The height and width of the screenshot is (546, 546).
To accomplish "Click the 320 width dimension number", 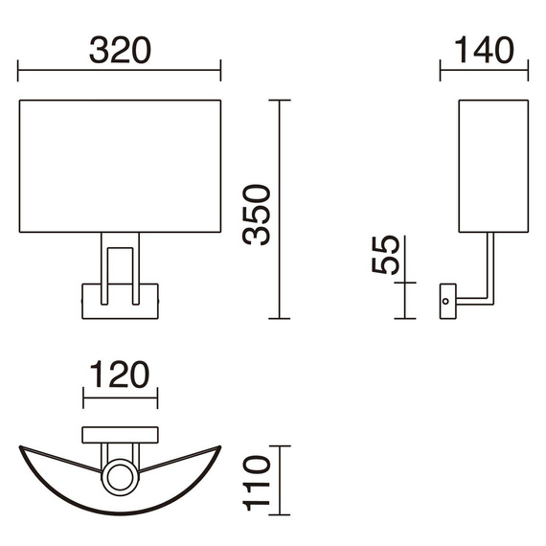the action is (x=120, y=50).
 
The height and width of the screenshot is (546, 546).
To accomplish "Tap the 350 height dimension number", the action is (x=257, y=215).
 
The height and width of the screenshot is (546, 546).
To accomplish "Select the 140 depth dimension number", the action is (x=484, y=50).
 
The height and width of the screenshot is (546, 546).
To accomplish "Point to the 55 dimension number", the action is (x=385, y=255).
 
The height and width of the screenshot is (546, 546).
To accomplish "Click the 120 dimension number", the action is (x=120, y=375).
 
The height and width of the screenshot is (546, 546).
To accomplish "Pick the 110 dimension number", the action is (x=257, y=483).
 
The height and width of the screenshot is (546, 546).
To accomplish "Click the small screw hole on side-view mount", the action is (x=445, y=301).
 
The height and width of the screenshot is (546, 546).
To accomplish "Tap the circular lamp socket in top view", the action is (x=120, y=477).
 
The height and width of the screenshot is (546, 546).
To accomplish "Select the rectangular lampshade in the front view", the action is (x=120, y=166).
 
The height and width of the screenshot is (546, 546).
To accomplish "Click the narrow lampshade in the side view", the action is (x=493, y=166).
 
